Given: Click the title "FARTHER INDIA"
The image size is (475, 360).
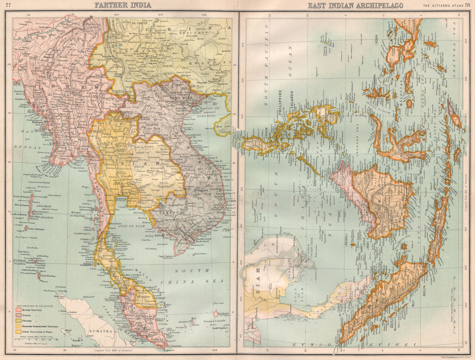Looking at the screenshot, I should [x=123, y=5].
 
